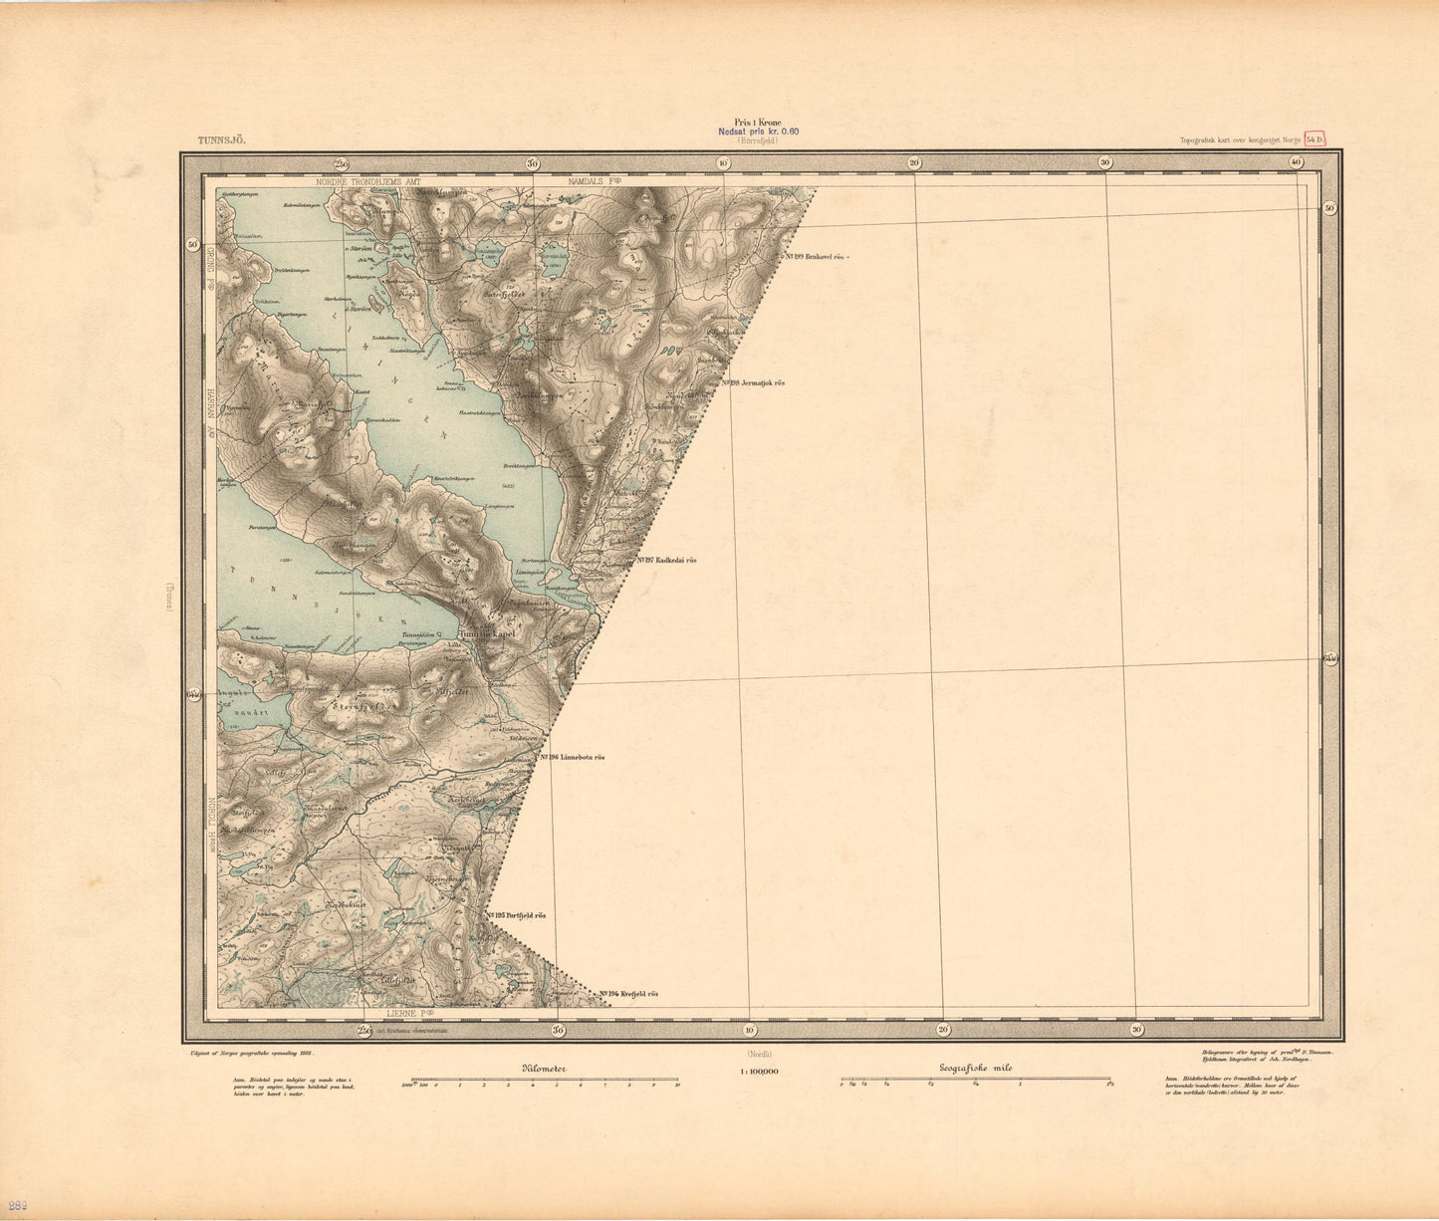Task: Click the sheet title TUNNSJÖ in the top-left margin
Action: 221,141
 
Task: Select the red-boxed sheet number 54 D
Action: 1316,139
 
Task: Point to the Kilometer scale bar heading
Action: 545,1068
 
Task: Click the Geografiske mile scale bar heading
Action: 976,1068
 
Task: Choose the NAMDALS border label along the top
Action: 595,182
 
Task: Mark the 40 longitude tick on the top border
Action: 1296,162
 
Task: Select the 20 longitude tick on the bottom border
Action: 943,1029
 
